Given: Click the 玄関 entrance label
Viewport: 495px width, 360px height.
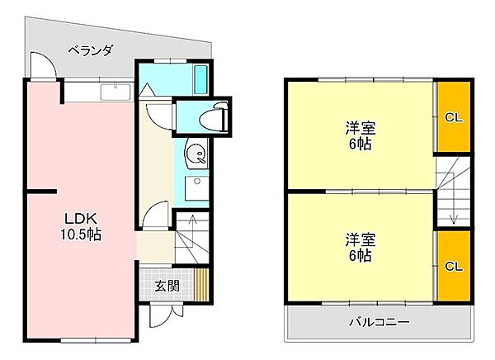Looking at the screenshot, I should [167, 287].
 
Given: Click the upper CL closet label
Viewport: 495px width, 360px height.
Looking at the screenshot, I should [454, 117].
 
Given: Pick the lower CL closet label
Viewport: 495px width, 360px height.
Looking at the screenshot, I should [454, 266].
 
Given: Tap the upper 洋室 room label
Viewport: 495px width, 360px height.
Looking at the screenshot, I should [361, 129].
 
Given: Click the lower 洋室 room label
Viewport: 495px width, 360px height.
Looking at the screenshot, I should [361, 240].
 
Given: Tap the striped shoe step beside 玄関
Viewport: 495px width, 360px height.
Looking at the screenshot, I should [202, 286].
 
